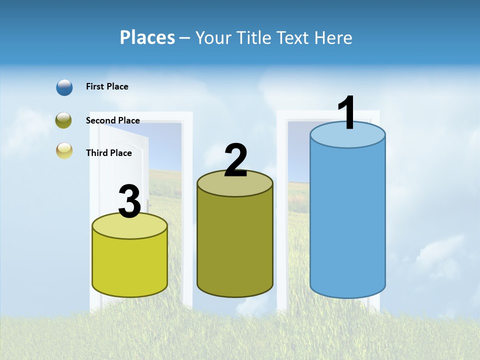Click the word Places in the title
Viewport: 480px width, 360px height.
pos(147,37)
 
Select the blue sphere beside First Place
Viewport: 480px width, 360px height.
pos(64,87)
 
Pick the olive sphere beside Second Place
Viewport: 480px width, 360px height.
pos(64,120)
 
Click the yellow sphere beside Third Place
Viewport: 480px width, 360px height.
pos(64,150)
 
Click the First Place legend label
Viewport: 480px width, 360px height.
pos(107,86)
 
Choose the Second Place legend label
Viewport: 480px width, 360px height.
pos(112,120)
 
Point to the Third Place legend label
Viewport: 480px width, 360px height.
pos(108,153)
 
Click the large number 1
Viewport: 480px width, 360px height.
pos(346,113)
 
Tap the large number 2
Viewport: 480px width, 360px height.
pos(235,160)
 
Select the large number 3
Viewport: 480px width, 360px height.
pos(130,201)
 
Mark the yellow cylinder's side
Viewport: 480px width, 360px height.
pos(130,265)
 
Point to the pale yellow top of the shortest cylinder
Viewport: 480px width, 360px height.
pos(130,227)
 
